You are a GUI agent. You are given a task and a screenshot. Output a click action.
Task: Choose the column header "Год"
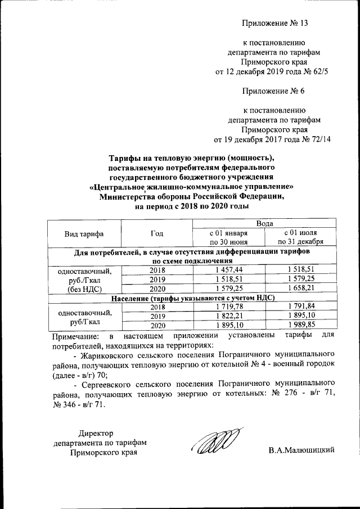157,233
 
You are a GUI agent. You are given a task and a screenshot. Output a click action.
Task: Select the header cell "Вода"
264,224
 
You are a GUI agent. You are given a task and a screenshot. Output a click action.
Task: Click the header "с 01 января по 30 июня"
228,237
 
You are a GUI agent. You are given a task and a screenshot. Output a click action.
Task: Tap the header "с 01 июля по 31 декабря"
301,237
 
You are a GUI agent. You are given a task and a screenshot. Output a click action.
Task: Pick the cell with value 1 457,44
228,270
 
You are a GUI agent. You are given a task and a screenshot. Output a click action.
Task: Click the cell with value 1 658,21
301,288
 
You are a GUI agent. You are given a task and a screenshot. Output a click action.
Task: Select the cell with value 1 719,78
228,307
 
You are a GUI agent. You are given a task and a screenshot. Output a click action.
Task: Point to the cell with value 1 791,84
301,307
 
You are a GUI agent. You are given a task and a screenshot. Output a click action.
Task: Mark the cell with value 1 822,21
228,316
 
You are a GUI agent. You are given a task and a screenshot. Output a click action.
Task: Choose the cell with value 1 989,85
301,326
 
